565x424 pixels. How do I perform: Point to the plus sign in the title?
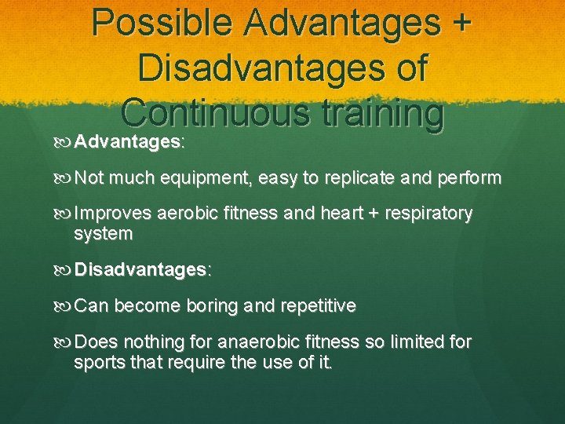click(x=458, y=24)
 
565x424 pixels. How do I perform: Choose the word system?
click(x=103, y=233)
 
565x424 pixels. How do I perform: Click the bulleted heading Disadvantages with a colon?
click(x=142, y=269)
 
